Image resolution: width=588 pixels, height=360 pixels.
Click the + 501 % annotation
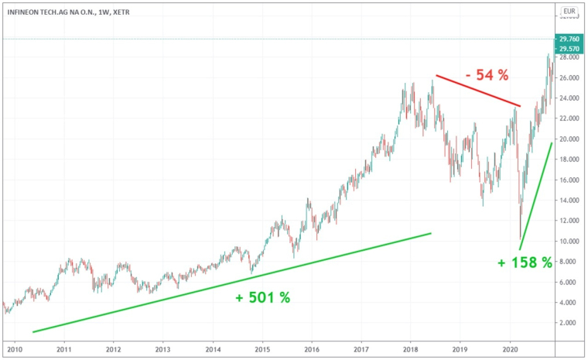pos(263,297)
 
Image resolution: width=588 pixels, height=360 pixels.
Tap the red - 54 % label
pos(487,75)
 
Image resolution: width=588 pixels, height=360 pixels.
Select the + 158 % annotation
pos(525,262)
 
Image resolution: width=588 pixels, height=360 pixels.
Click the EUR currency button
pos(569,11)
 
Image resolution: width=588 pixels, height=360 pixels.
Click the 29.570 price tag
pos(568,49)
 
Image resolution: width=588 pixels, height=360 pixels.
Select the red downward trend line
pos(478,91)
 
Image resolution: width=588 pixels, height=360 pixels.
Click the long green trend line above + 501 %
pos(232,282)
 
